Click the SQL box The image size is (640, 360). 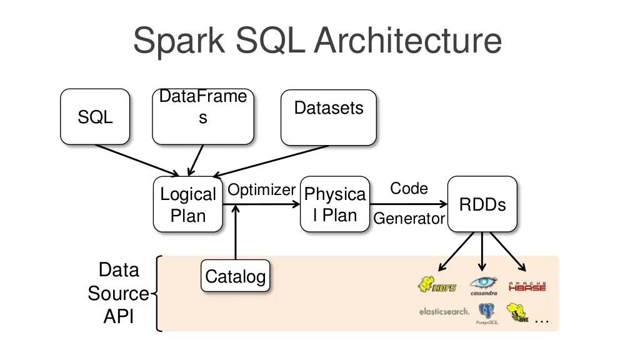tap(95, 117)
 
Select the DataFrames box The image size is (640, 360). tap(202, 117)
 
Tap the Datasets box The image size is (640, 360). tap(329, 117)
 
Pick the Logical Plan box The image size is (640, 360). tap(188, 204)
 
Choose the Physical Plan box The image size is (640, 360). tap(335, 204)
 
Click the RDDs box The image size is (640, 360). tap(482, 204)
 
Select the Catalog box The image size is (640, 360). tap(236, 276)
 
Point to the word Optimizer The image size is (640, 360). tap(261, 190)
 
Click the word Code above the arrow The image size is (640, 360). tap(409, 189)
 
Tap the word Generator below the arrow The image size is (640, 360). tap(409, 219)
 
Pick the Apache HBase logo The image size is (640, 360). tap(527, 286)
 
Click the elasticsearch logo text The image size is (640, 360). tap(444, 311)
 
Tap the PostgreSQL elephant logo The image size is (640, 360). tap(486, 312)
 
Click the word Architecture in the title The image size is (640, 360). tap(408, 41)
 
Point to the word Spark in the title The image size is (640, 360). tap(180, 41)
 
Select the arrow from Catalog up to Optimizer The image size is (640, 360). tap(236, 234)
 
